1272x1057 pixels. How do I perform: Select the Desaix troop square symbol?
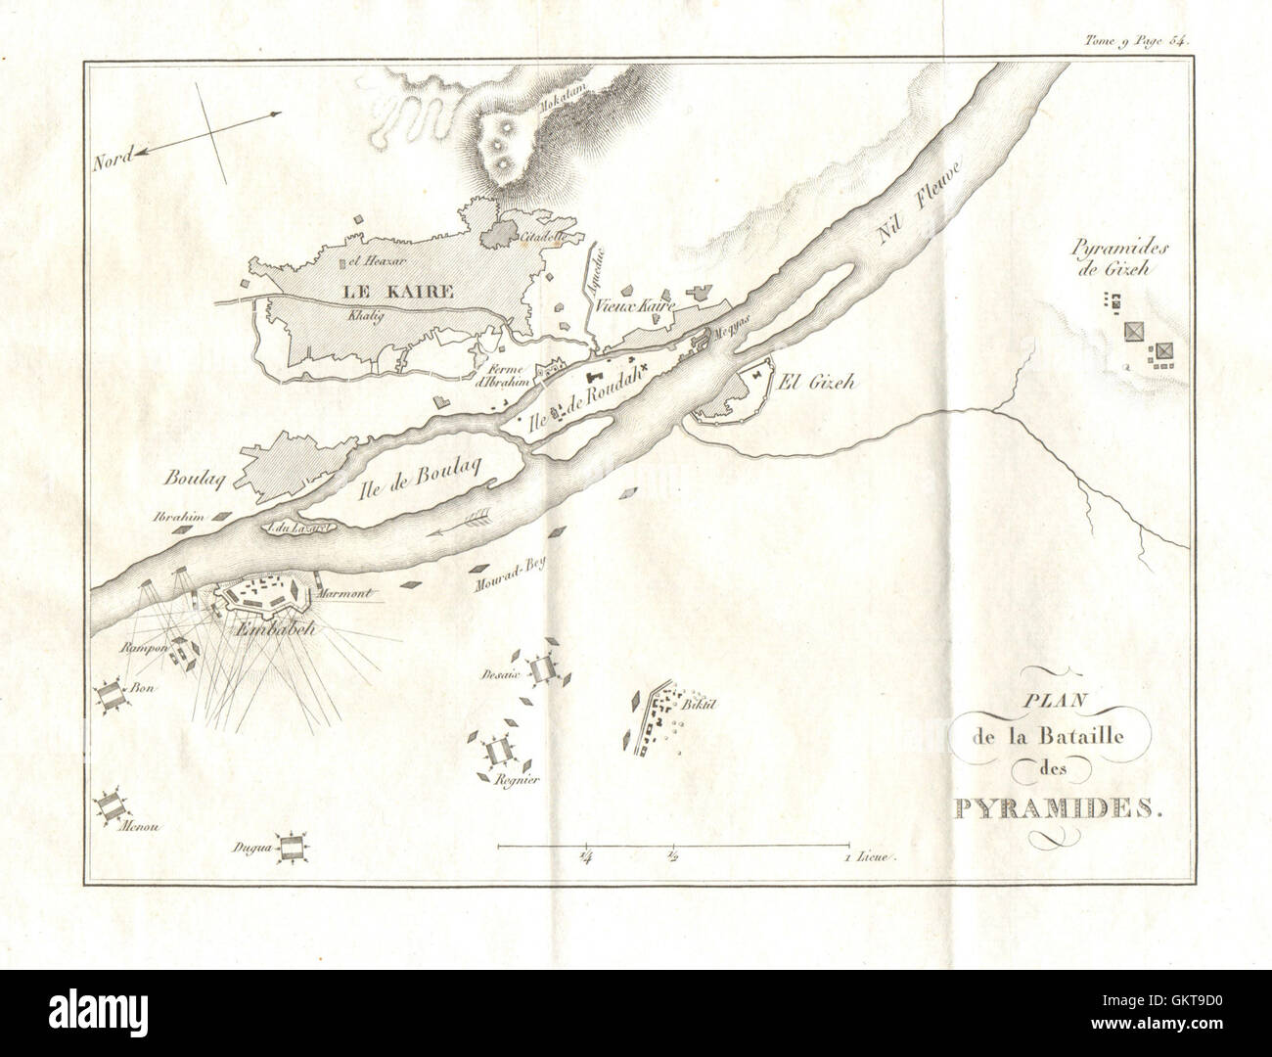click(541, 670)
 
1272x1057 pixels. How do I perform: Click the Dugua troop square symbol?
click(289, 849)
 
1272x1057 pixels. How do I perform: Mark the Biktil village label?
click(699, 704)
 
